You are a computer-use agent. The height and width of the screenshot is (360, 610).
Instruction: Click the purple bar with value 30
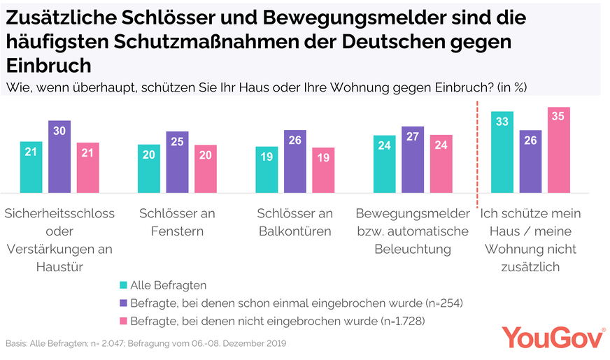point(59,157)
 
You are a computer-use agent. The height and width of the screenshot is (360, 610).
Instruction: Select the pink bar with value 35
point(558,150)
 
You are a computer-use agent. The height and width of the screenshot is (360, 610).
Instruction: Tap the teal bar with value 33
point(502,152)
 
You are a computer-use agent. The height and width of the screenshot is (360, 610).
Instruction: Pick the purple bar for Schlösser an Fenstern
point(177,161)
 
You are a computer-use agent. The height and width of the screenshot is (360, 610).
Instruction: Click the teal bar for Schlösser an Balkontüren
point(267,169)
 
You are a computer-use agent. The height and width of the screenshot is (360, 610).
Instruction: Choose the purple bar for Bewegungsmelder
point(413,159)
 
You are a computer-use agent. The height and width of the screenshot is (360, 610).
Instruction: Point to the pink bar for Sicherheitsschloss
point(87,168)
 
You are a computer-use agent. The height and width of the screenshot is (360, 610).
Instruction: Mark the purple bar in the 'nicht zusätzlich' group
point(530,161)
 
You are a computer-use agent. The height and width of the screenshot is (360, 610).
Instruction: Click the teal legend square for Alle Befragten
point(123,285)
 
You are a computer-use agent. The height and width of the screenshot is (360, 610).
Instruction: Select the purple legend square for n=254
point(123,303)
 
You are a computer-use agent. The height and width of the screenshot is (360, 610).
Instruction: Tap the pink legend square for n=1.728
point(123,321)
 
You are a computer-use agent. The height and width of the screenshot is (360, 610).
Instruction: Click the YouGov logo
point(553,338)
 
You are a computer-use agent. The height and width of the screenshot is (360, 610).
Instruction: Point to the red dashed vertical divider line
point(477,154)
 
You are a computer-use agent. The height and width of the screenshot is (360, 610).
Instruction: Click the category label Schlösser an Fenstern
point(177,222)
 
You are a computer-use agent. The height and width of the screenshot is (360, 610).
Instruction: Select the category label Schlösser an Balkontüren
point(294,222)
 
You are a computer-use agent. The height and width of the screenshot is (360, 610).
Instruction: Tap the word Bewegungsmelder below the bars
point(412,213)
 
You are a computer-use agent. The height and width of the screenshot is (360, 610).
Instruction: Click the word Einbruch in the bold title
point(49,66)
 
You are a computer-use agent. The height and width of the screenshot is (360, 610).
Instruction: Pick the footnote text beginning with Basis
point(146,344)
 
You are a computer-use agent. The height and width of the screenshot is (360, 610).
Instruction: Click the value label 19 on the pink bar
point(322,158)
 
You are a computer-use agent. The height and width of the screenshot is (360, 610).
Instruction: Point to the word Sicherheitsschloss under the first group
point(59,213)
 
